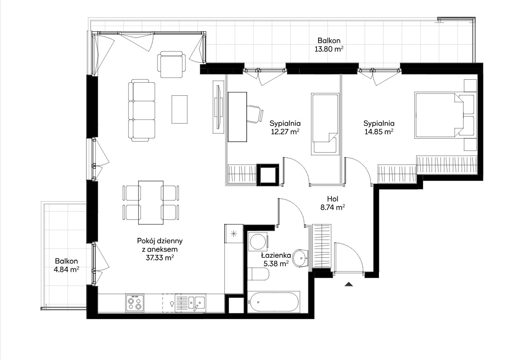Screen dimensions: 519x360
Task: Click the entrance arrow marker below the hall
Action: (348, 284)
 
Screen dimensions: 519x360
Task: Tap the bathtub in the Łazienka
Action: (273, 302)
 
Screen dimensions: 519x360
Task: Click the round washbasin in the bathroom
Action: (301, 257)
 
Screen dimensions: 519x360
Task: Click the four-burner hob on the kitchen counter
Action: (135, 303)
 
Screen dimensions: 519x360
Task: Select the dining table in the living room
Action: (151, 202)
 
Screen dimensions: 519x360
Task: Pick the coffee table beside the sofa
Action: (179, 109)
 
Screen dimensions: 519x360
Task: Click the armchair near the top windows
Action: (171, 64)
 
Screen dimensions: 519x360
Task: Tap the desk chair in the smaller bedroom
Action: (255, 114)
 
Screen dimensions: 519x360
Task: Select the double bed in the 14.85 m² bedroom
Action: (445, 115)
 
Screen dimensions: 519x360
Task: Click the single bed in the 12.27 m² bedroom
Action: (325, 124)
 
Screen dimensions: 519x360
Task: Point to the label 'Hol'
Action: (332, 199)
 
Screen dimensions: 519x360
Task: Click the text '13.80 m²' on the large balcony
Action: (328, 49)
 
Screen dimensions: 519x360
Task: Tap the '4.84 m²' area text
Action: (66, 269)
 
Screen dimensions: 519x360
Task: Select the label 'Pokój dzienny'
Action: (160, 241)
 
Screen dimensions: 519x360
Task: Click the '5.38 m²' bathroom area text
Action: (276, 264)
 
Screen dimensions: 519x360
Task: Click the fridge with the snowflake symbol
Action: (233, 234)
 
